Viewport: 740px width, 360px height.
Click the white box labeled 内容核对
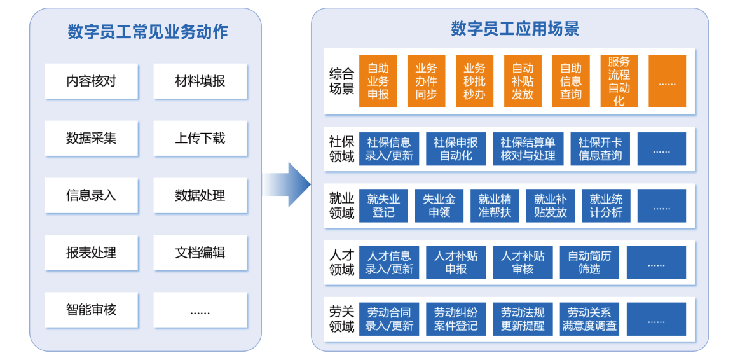(92, 81)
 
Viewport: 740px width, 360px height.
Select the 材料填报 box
(200, 81)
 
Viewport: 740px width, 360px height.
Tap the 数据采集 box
(92, 139)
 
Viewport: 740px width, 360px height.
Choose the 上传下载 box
(200, 139)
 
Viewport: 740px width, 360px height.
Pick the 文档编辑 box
(200, 253)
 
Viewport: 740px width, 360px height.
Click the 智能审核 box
(92, 310)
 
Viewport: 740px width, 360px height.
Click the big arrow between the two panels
(287, 184)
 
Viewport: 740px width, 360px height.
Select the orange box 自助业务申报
(378, 81)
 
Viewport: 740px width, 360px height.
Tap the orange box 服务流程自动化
(619, 81)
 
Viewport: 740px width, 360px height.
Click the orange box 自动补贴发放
(523, 81)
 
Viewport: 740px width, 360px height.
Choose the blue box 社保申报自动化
(456, 149)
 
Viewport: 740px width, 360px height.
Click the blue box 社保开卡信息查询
(600, 149)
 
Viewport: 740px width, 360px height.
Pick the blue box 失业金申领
(439, 205)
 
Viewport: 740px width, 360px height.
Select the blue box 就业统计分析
(606, 205)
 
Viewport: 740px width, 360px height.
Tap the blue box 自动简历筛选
(589, 262)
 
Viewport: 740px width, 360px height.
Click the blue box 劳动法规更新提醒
(523, 319)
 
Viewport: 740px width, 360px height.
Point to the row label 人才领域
(341, 262)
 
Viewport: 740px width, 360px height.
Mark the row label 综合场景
(341, 81)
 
